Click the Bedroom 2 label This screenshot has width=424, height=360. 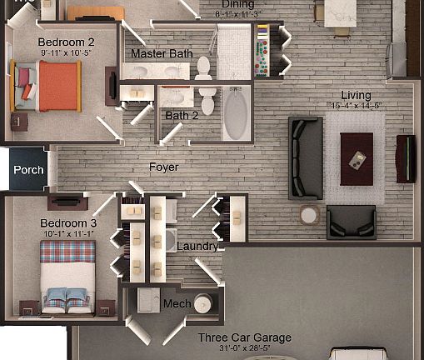coord(66,42)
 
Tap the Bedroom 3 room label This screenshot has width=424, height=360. coord(69,223)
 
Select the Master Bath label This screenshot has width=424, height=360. coord(162,54)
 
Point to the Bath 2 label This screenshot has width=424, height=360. coord(182,116)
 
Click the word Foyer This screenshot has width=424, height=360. coord(164,167)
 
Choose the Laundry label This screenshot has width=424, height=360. coord(197,247)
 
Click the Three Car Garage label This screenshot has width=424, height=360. coord(244,337)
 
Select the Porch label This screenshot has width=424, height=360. coord(27,170)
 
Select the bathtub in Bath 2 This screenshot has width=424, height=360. coord(236,116)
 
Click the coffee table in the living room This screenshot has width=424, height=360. coord(358,158)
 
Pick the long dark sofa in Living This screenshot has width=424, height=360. coord(306,157)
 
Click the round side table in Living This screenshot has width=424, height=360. coord(309,215)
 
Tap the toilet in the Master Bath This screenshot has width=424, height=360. coord(204,69)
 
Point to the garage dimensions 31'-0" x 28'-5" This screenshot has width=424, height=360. coord(244,348)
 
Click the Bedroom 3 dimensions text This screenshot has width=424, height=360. coord(69,234)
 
